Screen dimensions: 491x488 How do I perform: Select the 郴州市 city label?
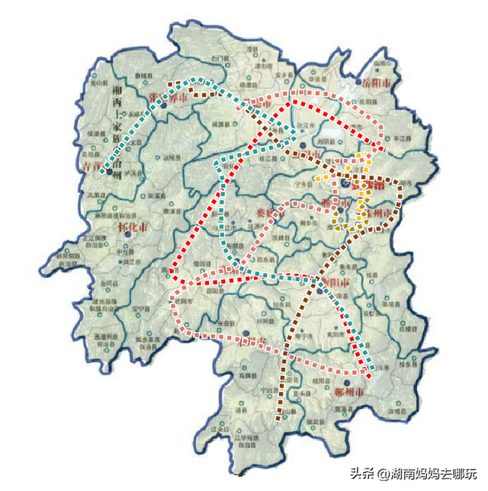pos(349,393)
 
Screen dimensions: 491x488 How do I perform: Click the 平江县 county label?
pos(402,139)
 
